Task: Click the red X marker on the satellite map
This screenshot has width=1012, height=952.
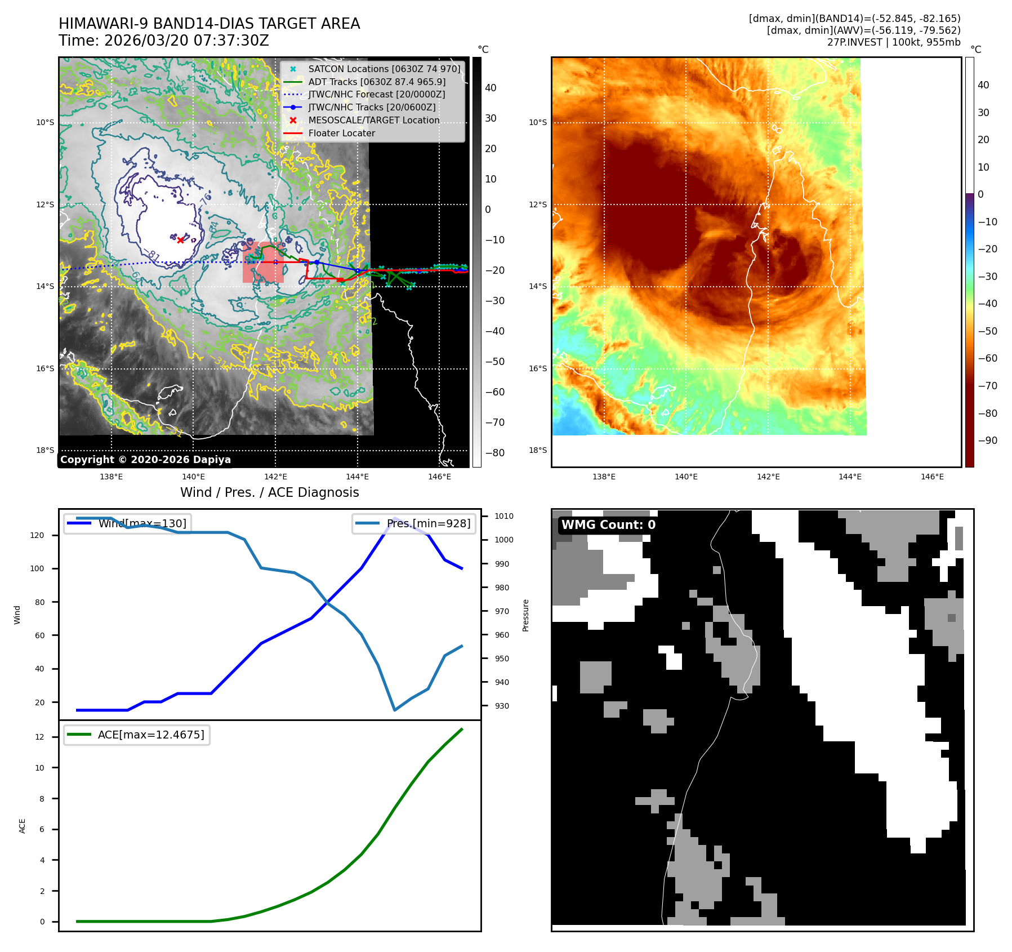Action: pyautogui.click(x=180, y=240)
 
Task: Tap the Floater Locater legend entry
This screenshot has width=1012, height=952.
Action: pyautogui.click(x=341, y=134)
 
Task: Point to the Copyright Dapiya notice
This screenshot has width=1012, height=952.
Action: pyautogui.click(x=145, y=460)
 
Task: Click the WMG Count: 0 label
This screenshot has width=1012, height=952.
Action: pyautogui.click(x=608, y=525)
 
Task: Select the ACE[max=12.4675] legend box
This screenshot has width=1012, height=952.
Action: pyautogui.click(x=137, y=735)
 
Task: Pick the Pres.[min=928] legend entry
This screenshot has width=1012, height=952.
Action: pyautogui.click(x=414, y=523)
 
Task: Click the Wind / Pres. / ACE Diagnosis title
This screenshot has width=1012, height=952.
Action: pyautogui.click(x=269, y=492)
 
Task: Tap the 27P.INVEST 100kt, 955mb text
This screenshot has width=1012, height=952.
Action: pyautogui.click(x=894, y=42)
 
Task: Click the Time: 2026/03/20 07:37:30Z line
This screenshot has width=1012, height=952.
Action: pyautogui.click(x=164, y=41)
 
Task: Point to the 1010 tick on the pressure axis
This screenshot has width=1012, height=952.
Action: pyautogui.click(x=503, y=516)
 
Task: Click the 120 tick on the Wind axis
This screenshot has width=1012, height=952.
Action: pyautogui.click(x=37, y=535)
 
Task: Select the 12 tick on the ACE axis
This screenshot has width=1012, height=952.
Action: pyautogui.click(x=39, y=737)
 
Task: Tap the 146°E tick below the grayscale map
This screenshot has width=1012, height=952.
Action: pyautogui.click(x=439, y=477)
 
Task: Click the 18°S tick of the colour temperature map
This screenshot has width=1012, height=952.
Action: pyautogui.click(x=538, y=450)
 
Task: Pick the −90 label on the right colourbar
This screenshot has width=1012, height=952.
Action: pyautogui.click(x=987, y=441)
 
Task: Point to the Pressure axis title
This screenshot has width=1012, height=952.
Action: pyautogui.click(x=525, y=615)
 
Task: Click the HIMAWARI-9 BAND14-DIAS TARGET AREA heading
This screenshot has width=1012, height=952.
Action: pyautogui.click(x=209, y=24)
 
